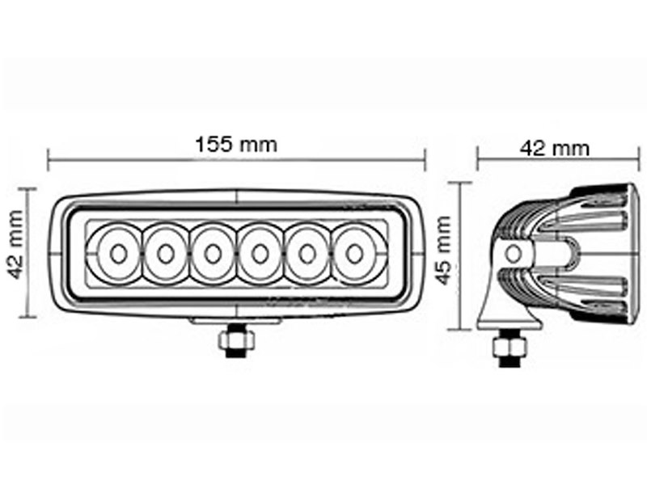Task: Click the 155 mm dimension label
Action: pyautogui.click(x=236, y=145)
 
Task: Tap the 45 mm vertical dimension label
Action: pyautogui.click(x=442, y=255)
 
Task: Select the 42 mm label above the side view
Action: pyautogui.click(x=554, y=148)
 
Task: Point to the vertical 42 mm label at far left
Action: pyautogui.click(x=14, y=254)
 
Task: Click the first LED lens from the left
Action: pyautogui.click(x=118, y=254)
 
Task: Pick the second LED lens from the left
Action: pyautogui.click(x=166, y=254)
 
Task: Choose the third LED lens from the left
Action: pyautogui.click(x=213, y=254)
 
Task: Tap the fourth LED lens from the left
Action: pyautogui.click(x=260, y=254)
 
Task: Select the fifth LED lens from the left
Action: pyautogui.click(x=307, y=254)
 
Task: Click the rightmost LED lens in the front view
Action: pyautogui.click(x=353, y=254)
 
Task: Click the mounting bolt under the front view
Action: pyautogui.click(x=235, y=340)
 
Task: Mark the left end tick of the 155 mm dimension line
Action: pyautogui.click(x=49, y=160)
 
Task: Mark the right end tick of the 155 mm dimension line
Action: pyautogui.click(x=425, y=160)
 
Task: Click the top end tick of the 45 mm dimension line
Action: pyautogui.click(x=460, y=182)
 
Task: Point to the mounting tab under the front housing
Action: pyautogui.click(x=235, y=321)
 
